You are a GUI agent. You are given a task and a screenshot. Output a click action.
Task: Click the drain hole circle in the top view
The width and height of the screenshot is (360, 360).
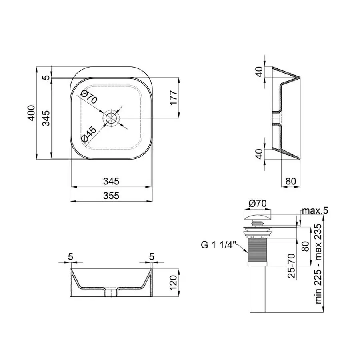111,118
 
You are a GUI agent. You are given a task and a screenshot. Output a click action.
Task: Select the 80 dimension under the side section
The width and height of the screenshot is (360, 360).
291,181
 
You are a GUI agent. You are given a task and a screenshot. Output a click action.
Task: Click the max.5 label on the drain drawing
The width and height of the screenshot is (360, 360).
315,211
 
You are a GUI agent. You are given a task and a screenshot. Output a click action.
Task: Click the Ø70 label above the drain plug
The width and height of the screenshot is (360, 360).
257,204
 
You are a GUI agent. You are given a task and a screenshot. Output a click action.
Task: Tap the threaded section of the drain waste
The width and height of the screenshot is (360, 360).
257,251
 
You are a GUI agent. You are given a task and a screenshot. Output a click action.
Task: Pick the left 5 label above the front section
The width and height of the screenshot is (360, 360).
70,256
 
